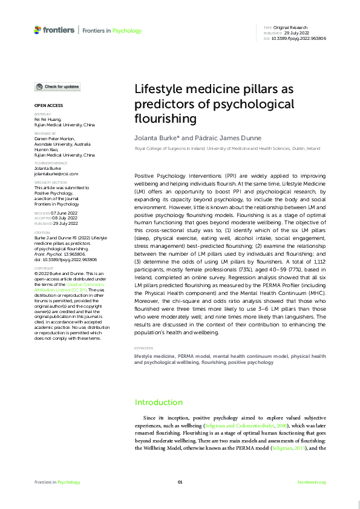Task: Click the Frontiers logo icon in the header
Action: [x=38, y=30]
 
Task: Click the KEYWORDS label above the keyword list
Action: [x=143, y=348]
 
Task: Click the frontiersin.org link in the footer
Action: [x=312, y=482]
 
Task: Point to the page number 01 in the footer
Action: [x=180, y=482]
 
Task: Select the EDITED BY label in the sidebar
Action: [x=42, y=114]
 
